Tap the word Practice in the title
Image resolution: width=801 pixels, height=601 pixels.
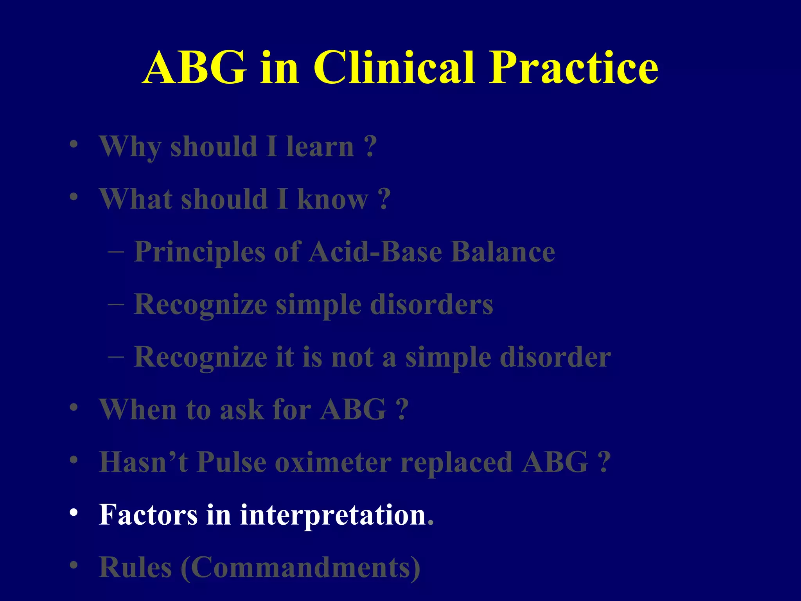(574, 67)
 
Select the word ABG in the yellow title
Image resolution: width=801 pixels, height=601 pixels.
(195, 67)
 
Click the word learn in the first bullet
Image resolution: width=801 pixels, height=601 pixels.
(320, 147)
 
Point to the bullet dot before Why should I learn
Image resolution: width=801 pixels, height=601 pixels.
(74, 144)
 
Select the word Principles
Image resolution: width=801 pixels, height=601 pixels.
(200, 252)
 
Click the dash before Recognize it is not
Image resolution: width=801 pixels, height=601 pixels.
(116, 356)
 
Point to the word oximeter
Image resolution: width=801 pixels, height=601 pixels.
(333, 462)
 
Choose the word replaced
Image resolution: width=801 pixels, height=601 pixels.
(456, 462)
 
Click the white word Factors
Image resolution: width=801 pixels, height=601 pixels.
(148, 515)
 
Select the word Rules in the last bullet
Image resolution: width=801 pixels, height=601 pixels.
(135, 567)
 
